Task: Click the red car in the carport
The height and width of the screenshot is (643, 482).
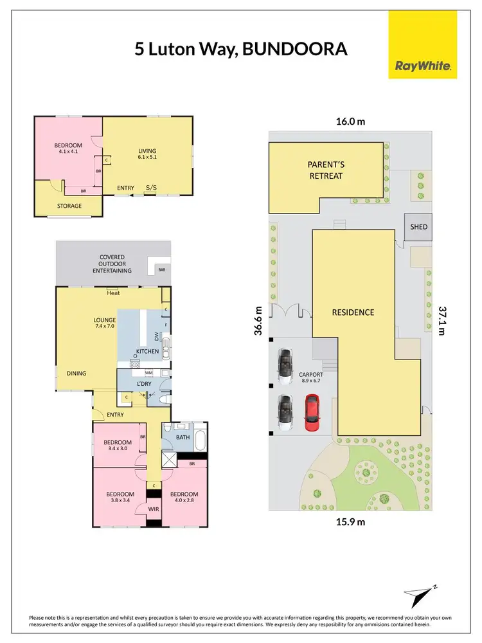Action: pos(312,413)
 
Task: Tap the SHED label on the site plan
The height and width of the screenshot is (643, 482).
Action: pos(418,227)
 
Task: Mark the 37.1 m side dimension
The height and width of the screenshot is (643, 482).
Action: pos(442,319)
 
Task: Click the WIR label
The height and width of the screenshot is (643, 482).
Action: pos(154,509)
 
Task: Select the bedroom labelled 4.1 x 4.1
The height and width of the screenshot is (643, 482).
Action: pos(68,149)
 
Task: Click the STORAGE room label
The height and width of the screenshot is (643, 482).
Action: pos(69,206)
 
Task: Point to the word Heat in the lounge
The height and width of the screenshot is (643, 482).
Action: pos(114,293)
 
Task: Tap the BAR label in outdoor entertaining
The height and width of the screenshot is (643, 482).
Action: pos(161,270)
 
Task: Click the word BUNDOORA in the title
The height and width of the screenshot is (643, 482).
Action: pos(293,50)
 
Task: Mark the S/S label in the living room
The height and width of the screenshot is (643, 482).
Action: pos(152,188)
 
